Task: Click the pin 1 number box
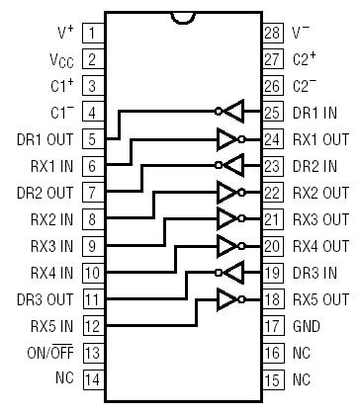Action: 91,33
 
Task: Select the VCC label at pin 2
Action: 57,59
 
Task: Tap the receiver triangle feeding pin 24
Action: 228,138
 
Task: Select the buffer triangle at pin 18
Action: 228,298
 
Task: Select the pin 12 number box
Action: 91,325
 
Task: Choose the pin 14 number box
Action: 91,378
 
